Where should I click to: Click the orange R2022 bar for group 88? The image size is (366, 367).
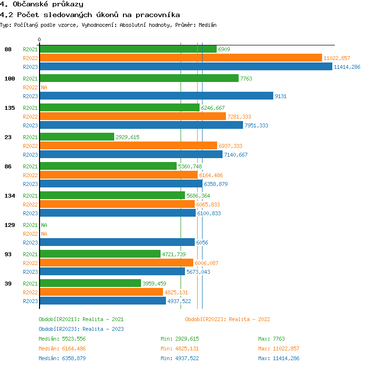point(181,58)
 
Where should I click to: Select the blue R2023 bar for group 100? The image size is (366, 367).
point(156,96)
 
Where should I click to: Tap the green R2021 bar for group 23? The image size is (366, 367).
point(77,137)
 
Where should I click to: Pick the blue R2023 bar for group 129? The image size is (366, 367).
point(117,243)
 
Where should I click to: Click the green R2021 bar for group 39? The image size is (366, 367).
point(90,284)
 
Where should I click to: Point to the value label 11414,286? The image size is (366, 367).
point(347,67)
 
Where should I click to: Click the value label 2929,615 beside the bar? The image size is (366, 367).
point(127,137)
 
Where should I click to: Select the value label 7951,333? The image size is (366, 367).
point(256,125)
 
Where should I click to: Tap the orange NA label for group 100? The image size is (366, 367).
point(44,87)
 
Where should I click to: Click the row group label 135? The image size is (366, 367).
point(10,108)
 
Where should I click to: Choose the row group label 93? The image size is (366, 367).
point(8,254)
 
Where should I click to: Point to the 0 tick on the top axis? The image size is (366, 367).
point(40,40)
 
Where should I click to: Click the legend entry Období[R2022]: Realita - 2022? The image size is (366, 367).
point(227,319)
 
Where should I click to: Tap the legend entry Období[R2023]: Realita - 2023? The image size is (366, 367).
point(81,329)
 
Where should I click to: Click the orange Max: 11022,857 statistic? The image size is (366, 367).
point(279,348)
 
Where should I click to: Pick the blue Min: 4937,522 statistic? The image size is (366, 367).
point(180,358)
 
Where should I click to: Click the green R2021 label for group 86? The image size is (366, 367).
point(30,166)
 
